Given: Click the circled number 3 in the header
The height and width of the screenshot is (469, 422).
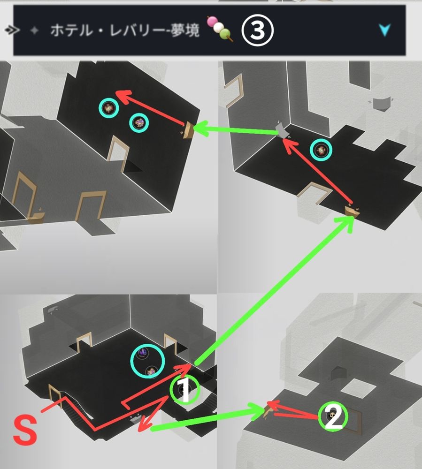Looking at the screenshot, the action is click(257, 30).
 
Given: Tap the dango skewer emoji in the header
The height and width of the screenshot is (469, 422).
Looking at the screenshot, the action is click(219, 29).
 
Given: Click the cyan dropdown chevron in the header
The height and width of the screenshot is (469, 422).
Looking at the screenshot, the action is click(384, 30).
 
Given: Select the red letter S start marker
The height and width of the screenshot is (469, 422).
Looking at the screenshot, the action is click(25, 431).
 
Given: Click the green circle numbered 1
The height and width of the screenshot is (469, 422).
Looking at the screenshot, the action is click(184, 389).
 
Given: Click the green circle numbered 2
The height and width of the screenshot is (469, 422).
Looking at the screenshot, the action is click(333, 416).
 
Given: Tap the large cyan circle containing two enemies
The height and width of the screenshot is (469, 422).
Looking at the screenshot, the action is click(147, 361).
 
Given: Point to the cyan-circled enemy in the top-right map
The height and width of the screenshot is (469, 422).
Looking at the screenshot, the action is click(321, 150).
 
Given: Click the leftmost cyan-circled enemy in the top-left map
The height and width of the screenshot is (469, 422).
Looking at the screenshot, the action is click(108, 108).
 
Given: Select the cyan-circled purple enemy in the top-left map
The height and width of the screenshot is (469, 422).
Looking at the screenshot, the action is click(139, 122).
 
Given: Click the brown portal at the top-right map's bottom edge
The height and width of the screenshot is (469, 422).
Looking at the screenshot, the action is click(352, 211).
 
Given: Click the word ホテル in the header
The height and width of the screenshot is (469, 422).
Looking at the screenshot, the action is click(71, 30).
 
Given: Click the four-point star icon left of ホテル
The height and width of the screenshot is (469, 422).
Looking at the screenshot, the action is click(35, 30).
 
